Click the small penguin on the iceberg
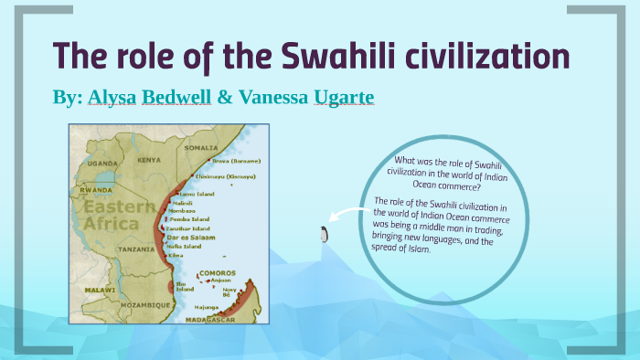(x=322, y=234)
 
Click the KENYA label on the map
(x=149, y=160)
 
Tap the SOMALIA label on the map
(x=200, y=147)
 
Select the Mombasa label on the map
(x=184, y=210)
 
